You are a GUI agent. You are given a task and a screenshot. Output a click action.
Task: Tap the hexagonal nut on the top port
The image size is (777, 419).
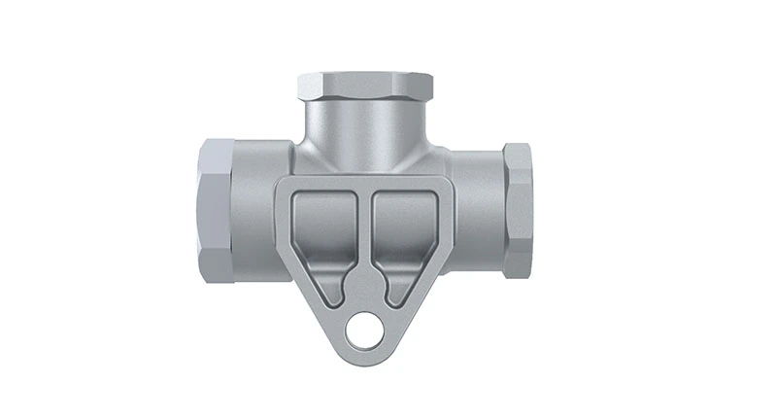point(365,88)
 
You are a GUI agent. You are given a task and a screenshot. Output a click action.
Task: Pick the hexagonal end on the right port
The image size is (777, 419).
point(518,210)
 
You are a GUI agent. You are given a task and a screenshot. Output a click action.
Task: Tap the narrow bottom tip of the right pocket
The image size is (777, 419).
point(394,293)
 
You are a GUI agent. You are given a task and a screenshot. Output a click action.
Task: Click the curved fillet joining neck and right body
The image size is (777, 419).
point(434,153)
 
